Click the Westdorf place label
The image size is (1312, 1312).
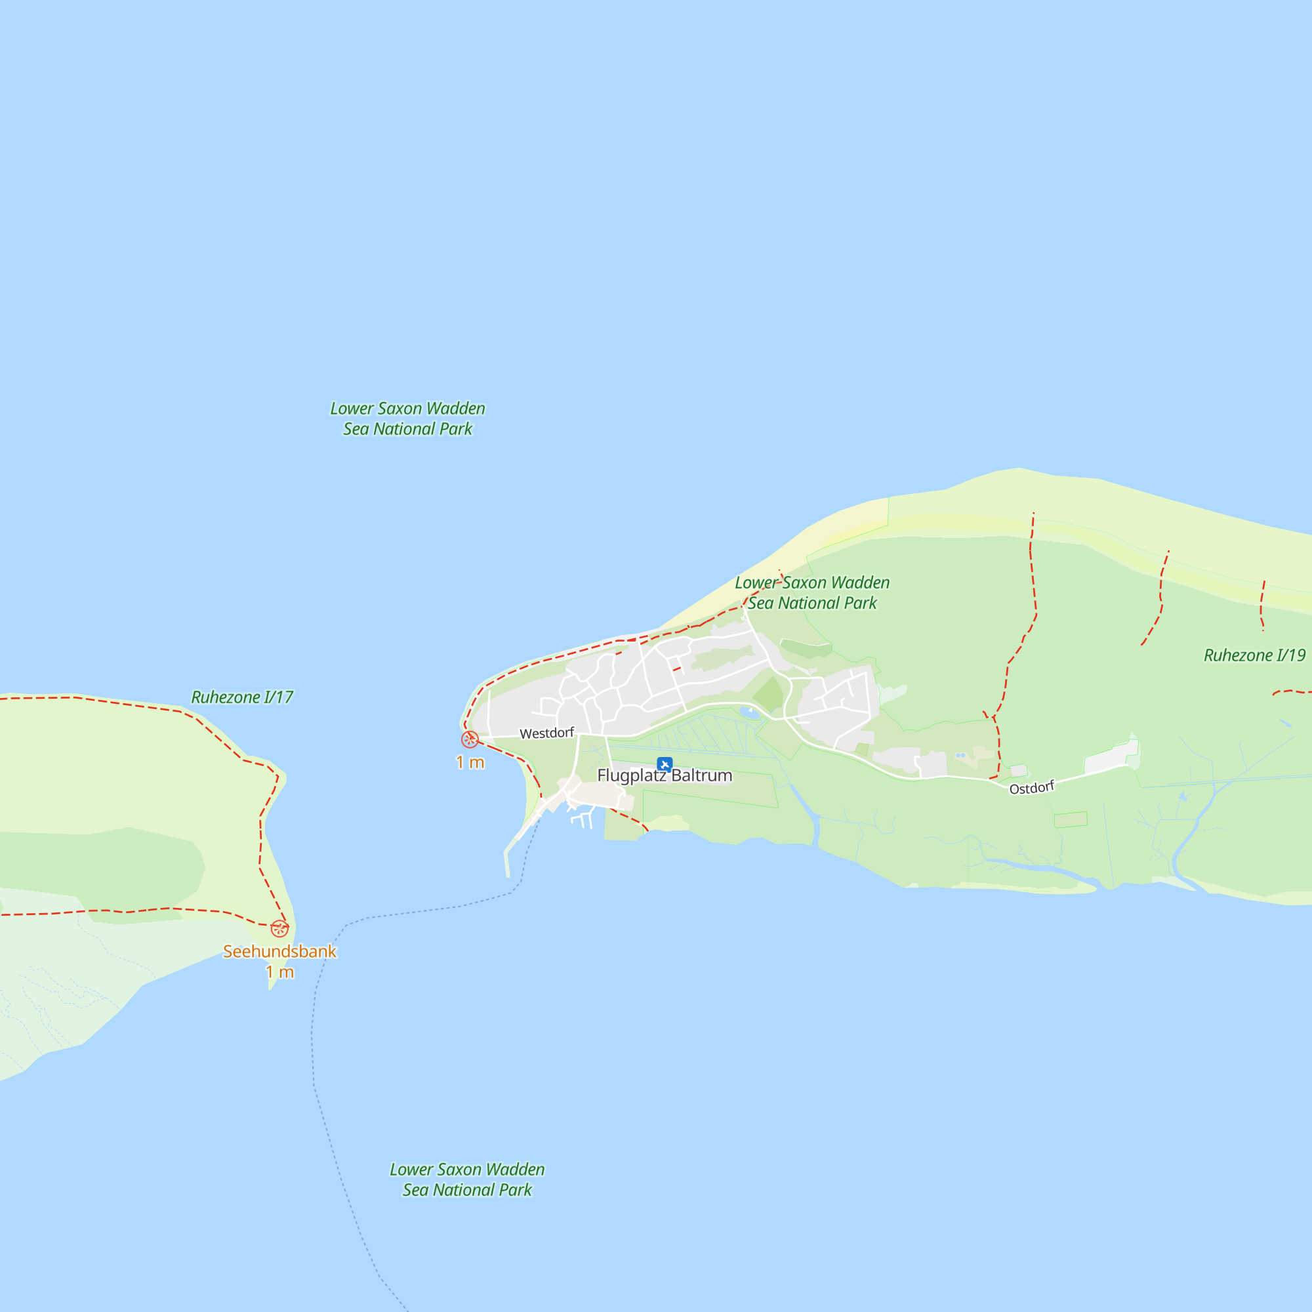click(x=546, y=733)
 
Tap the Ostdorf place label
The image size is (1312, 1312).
click(x=1031, y=788)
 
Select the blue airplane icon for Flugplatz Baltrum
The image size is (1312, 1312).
click(x=665, y=765)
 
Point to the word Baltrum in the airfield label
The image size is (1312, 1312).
click(x=701, y=775)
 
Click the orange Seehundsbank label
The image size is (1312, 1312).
click(x=279, y=951)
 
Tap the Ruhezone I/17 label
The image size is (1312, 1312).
click(x=242, y=697)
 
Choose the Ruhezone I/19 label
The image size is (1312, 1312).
click(x=1254, y=655)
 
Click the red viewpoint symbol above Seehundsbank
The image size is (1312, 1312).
click(x=279, y=928)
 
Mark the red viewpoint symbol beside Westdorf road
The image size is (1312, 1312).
click(x=470, y=739)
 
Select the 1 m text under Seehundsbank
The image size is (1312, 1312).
click(x=279, y=972)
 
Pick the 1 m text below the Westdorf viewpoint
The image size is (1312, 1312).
click(x=470, y=763)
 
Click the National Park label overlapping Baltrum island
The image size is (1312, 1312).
click(x=812, y=593)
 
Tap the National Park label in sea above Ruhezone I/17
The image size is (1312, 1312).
click(x=407, y=419)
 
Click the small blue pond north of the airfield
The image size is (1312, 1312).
click(x=750, y=713)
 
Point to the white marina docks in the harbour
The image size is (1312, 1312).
click(x=582, y=819)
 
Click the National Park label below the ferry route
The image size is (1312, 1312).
click(x=467, y=1179)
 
